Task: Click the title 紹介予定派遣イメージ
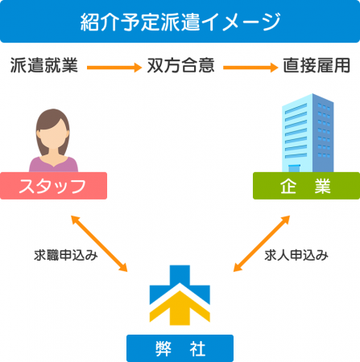[x=180, y=22]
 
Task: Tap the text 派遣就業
[x=44, y=65]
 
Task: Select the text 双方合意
[x=181, y=65]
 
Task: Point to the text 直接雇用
[x=317, y=65]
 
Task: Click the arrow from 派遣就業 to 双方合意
[x=114, y=68]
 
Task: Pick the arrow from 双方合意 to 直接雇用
[x=250, y=68]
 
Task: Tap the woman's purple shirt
[x=53, y=165]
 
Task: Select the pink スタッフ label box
[x=53, y=186]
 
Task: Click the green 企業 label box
[x=306, y=186]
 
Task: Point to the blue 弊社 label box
[x=180, y=348]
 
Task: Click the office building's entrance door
[x=294, y=168]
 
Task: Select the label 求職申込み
[x=66, y=255]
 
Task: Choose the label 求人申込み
[x=296, y=255]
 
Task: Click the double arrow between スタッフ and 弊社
[x=99, y=244]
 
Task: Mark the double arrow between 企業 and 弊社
[x=262, y=244]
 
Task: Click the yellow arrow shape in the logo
[x=180, y=308]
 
